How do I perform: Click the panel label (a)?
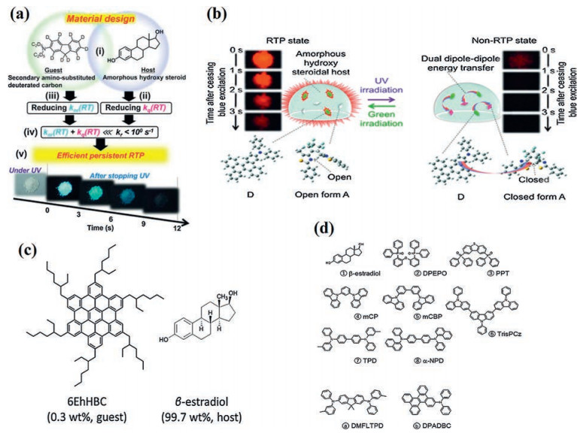tap(16, 11)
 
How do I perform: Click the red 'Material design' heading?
tap(97, 10)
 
